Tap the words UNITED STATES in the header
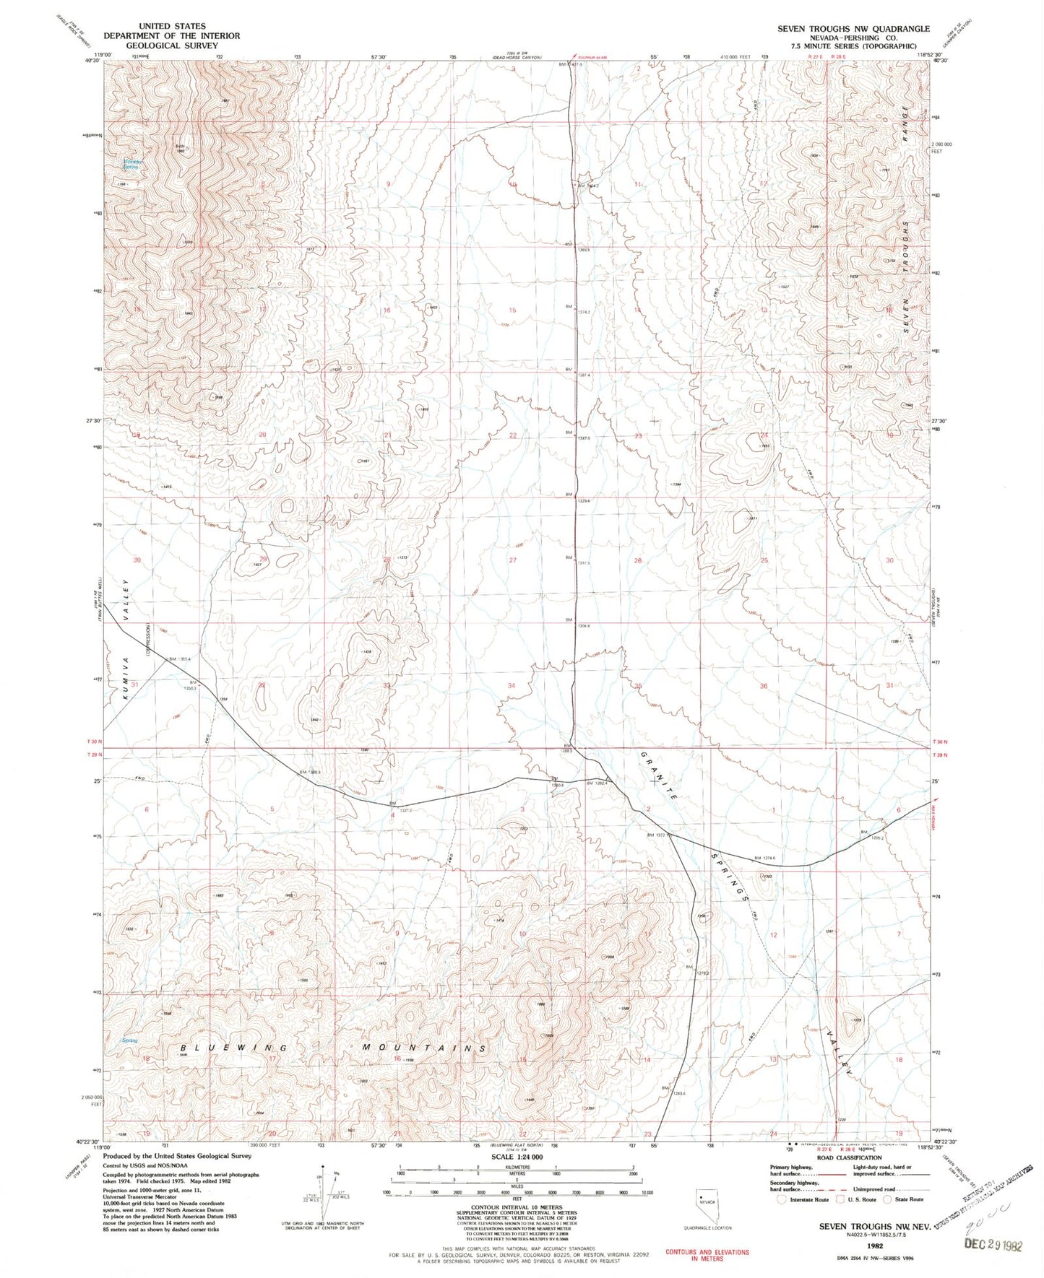pyautogui.click(x=171, y=26)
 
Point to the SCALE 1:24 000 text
pyautogui.click(x=511, y=1157)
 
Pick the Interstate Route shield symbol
pyautogui.click(x=780, y=1199)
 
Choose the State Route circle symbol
pyautogui.click(x=890, y=1199)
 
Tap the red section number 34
pyautogui.click(x=512, y=685)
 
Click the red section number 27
pyautogui.click(x=513, y=560)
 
